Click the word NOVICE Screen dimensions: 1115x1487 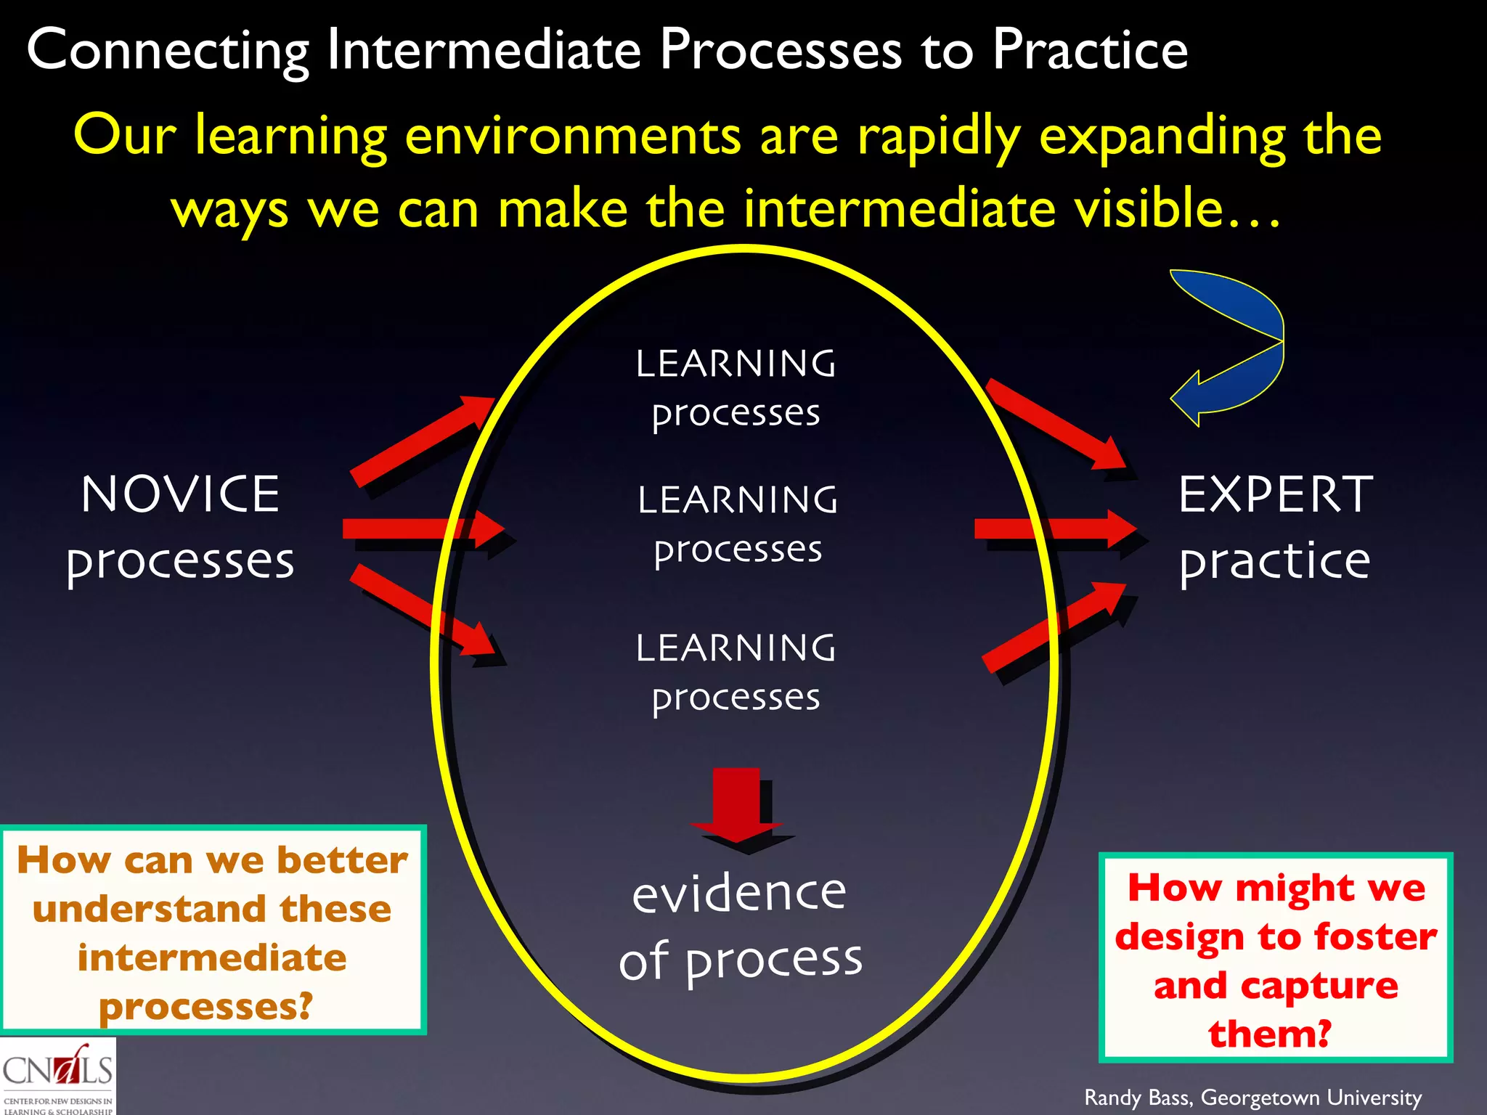pos(180,494)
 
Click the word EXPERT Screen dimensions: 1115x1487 pos(1275,494)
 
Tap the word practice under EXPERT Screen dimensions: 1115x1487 pos(1275,562)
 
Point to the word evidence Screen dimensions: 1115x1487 pos(739,893)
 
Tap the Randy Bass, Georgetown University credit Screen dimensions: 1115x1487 pos(1252,1097)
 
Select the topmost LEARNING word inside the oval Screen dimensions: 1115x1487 pos(736,364)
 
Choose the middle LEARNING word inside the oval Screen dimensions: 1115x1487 pos(738,500)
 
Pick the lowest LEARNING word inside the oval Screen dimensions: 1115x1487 pos(736,648)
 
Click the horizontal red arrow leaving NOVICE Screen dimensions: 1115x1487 pos(421,528)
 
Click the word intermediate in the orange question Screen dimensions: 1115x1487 pos(212,957)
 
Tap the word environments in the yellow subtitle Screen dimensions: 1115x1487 pos(573,136)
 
